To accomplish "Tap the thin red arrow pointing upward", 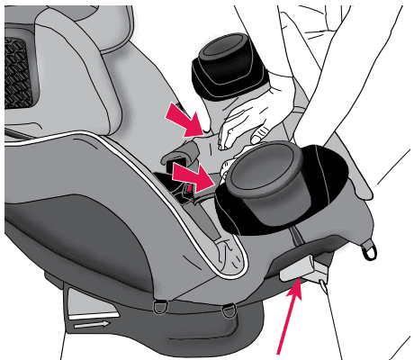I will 288,319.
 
